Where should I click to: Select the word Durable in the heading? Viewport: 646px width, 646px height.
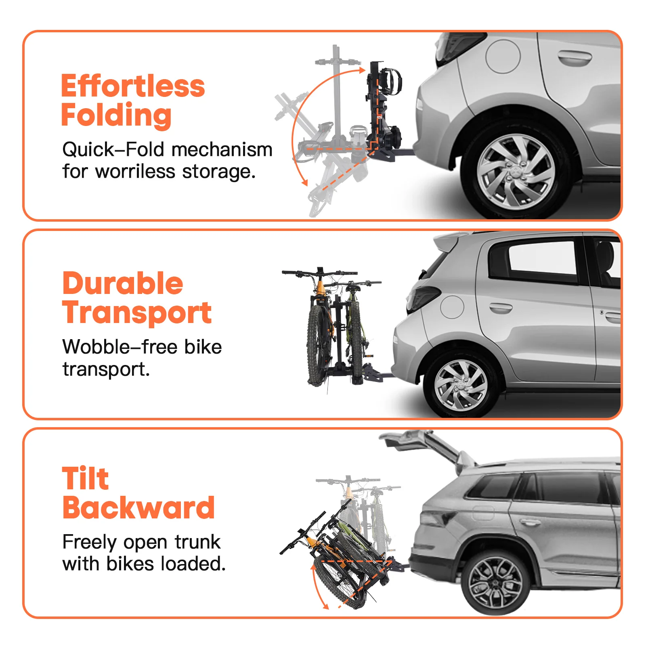(x=123, y=283)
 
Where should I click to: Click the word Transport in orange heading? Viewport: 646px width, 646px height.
(x=137, y=313)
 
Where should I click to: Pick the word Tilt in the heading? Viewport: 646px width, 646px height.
(x=85, y=478)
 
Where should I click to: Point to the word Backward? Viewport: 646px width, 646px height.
(x=138, y=508)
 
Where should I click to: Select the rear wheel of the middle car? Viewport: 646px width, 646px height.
(x=461, y=385)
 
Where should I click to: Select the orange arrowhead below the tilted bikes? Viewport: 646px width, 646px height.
(x=325, y=606)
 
